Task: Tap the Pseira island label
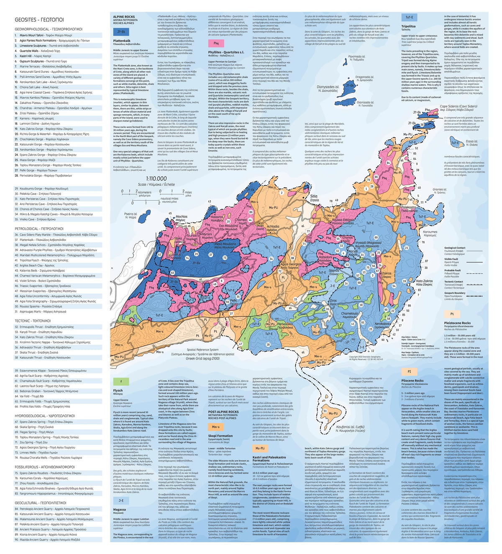tap(131, 215)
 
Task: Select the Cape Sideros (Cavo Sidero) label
tap(458, 107)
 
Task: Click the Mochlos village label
tap(181, 218)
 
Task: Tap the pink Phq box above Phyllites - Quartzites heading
tap(216, 43)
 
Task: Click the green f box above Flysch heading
tap(121, 381)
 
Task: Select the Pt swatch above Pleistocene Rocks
tap(452, 314)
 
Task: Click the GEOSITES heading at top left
tap(39, 20)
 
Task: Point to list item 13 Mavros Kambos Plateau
tap(52, 97)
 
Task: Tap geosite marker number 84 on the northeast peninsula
tap(388, 163)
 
